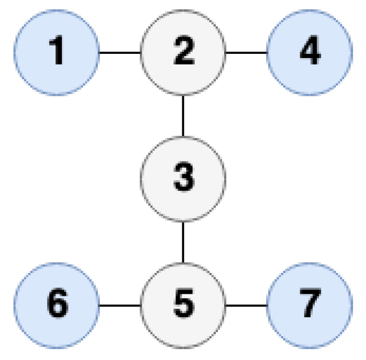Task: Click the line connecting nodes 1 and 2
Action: [120, 52]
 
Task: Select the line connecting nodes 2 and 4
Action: [246, 52]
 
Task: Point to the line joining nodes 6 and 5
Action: [120, 305]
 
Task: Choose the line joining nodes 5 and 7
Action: [246, 305]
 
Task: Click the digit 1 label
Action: [57, 52]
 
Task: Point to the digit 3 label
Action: [183, 177]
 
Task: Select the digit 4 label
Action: [309, 52]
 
